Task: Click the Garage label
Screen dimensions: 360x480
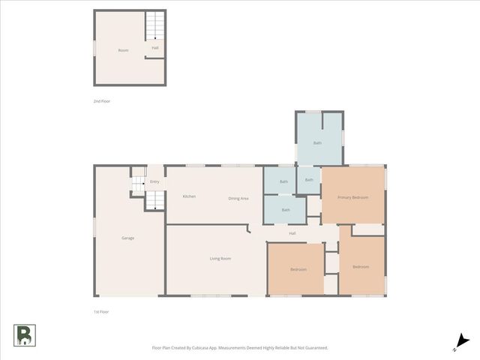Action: tap(128, 238)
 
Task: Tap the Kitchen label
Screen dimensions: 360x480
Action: tap(189, 196)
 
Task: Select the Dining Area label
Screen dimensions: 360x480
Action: tap(238, 198)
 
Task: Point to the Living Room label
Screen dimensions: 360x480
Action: tap(220, 259)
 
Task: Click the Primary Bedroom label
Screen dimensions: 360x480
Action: tap(352, 197)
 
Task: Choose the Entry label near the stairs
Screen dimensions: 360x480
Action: tap(154, 181)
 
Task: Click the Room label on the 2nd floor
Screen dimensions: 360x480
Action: tap(123, 50)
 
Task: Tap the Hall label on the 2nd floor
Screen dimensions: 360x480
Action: tap(155, 48)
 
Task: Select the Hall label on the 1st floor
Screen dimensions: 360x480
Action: tap(292, 233)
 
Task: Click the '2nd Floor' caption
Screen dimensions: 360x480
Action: tap(102, 100)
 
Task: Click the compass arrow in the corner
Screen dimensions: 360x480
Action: tap(463, 341)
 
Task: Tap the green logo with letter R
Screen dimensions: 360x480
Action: tap(24, 336)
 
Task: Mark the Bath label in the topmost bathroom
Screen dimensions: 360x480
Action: tap(317, 142)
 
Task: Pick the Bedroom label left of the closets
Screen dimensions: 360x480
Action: tap(298, 269)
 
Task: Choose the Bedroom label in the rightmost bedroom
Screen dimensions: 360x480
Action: tap(361, 266)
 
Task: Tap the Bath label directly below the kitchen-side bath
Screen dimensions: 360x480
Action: tap(286, 210)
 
